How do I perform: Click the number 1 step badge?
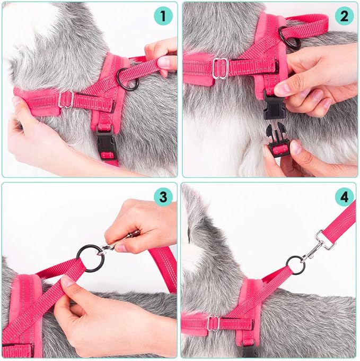163,16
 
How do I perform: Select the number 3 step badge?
163,197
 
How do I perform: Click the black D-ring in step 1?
128,79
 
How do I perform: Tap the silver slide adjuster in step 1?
66,99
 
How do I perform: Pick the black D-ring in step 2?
289,37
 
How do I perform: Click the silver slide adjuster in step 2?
220,68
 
